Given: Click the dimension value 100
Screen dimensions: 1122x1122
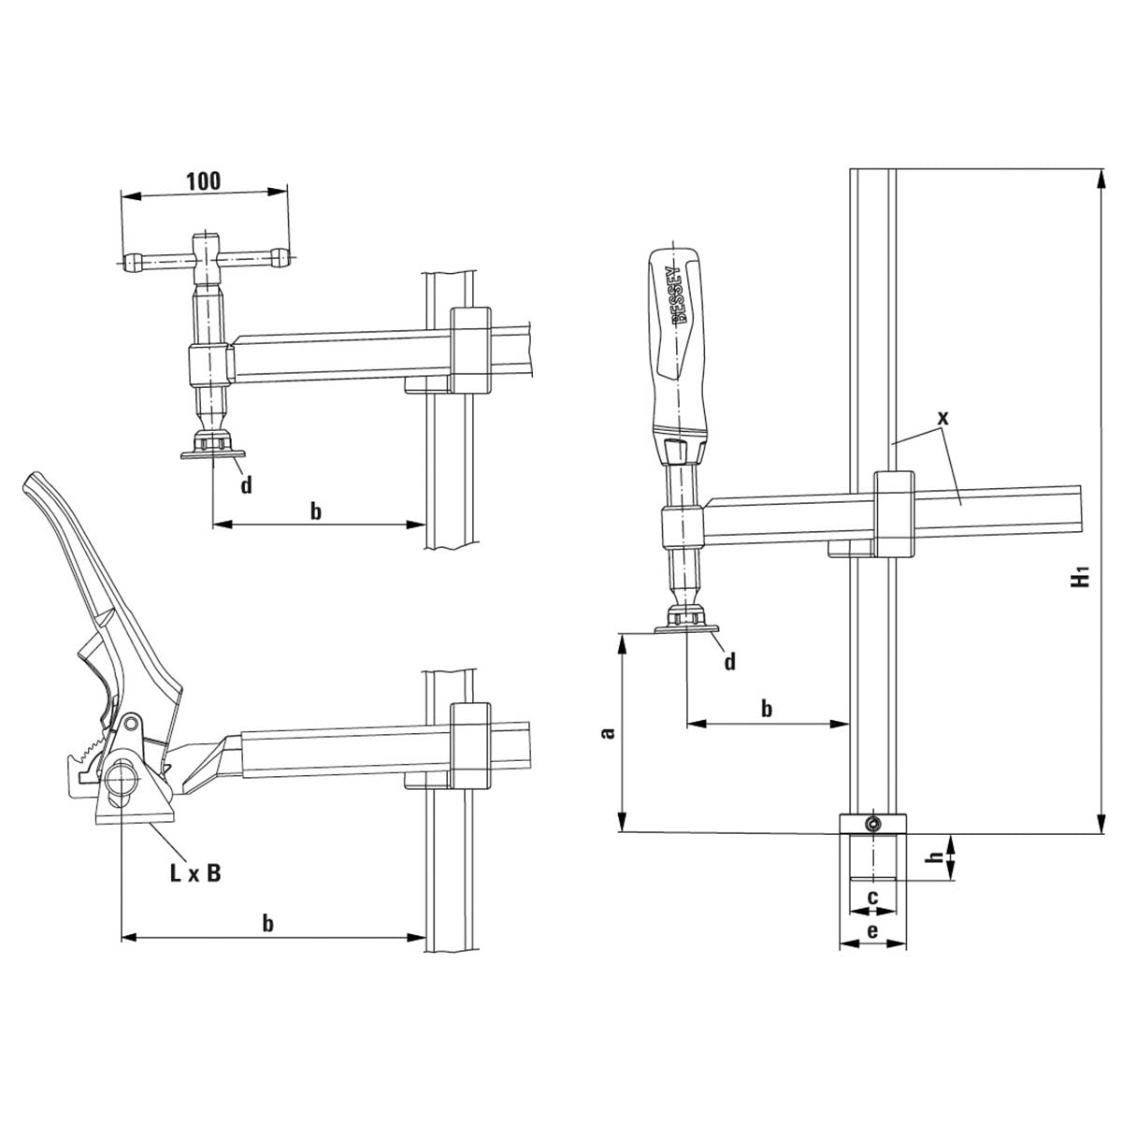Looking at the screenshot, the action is point(204,181).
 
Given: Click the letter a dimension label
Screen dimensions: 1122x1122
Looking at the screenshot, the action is point(608,732).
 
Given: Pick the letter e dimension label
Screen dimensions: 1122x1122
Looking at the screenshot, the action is point(872,931).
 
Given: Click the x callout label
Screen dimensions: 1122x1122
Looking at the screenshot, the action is point(943,417).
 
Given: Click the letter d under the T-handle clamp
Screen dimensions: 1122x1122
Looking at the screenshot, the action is point(246,484).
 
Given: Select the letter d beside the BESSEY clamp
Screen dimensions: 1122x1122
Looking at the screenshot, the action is point(729,661).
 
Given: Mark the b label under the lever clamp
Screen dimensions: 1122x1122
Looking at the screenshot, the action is point(267,924).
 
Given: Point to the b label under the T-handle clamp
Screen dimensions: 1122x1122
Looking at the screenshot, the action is point(315,511).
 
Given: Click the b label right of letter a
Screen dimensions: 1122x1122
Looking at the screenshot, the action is point(767,709).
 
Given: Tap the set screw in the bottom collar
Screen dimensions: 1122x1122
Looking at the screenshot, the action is point(872,823).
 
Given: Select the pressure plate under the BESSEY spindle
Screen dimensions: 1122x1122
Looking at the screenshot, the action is point(686,629).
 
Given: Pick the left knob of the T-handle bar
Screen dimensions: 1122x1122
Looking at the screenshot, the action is point(133,261).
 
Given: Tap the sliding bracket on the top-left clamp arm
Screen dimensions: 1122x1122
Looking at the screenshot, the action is point(471,350).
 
